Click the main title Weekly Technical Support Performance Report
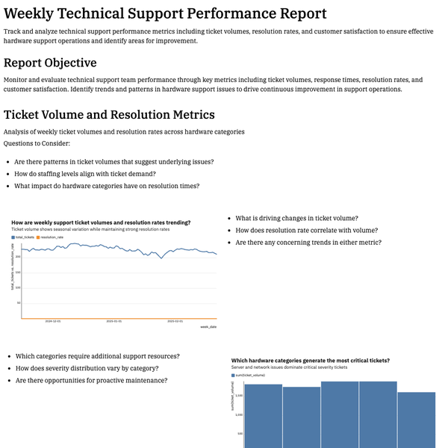tap(165, 13)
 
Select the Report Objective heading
tap(60, 63)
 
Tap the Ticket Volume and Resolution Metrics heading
tap(109, 114)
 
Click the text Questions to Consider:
tap(37, 143)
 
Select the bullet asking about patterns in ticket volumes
tap(114, 162)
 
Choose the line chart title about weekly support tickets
tap(101, 223)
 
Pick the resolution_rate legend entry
tap(50, 237)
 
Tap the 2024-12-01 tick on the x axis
tap(52, 322)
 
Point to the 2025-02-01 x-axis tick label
tap(174, 322)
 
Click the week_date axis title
tap(208, 327)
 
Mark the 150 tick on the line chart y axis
tap(19, 272)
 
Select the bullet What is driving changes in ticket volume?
tap(296, 218)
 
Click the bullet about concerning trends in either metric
tap(308, 243)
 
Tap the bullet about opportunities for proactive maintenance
tap(91, 380)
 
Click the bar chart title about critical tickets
tap(310, 361)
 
